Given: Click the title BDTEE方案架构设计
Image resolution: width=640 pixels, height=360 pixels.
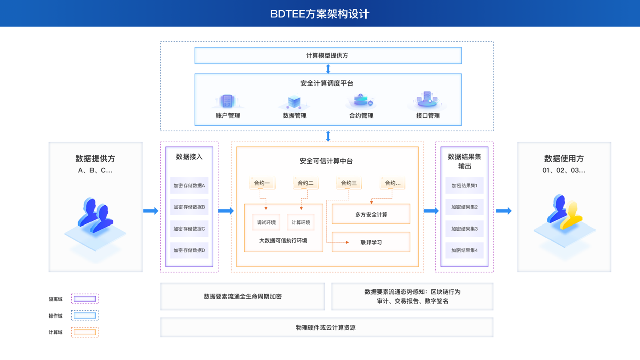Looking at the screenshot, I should click(319, 14).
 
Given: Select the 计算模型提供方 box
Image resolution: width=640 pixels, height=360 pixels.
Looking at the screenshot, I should click(328, 56).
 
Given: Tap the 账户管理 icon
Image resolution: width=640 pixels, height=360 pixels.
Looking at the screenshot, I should click(227, 101).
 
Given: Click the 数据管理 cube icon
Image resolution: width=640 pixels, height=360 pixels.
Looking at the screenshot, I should click(294, 102).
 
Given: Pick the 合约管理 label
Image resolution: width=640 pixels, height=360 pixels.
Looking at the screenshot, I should click(361, 116).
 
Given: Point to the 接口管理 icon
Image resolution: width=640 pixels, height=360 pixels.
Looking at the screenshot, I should click(427, 100).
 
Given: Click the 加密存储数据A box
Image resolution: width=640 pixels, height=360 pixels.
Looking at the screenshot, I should click(189, 186).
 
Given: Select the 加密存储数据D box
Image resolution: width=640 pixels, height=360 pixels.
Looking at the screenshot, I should click(189, 250).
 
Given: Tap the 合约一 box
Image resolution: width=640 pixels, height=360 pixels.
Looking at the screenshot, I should click(262, 183).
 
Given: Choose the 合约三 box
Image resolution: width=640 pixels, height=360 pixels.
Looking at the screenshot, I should click(349, 183).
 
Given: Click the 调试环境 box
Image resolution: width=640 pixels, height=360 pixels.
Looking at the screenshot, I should click(266, 222).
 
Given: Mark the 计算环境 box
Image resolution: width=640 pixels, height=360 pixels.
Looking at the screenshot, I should click(301, 222).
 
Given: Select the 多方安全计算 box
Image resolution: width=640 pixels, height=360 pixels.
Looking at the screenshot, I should click(371, 215).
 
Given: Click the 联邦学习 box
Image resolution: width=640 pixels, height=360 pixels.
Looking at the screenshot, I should click(371, 242).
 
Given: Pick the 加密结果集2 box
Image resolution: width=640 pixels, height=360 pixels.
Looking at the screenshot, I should click(464, 207).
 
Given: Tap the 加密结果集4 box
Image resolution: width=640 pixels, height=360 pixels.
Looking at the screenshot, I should click(464, 250).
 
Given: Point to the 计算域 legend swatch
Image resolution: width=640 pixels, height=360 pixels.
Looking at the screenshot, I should click(84, 332).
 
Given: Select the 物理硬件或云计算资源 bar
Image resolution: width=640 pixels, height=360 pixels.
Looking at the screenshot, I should click(327, 328).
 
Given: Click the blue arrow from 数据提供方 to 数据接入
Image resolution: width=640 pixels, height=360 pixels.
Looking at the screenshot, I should click(151, 211).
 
